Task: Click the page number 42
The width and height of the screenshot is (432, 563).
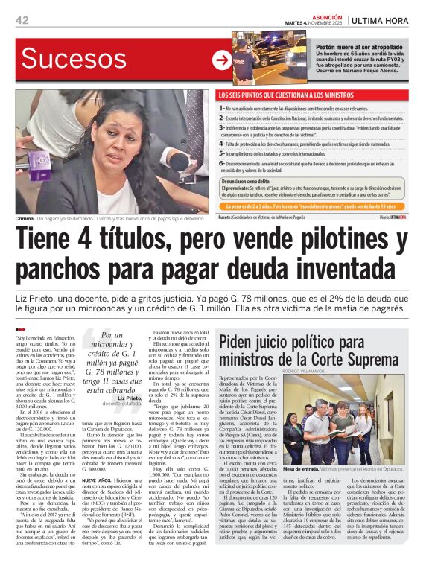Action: click(22, 20)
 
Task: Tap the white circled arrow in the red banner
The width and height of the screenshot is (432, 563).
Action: click(221, 60)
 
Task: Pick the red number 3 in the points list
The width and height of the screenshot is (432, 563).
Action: click(221, 127)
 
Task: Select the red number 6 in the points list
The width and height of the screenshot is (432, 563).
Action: click(221, 163)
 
